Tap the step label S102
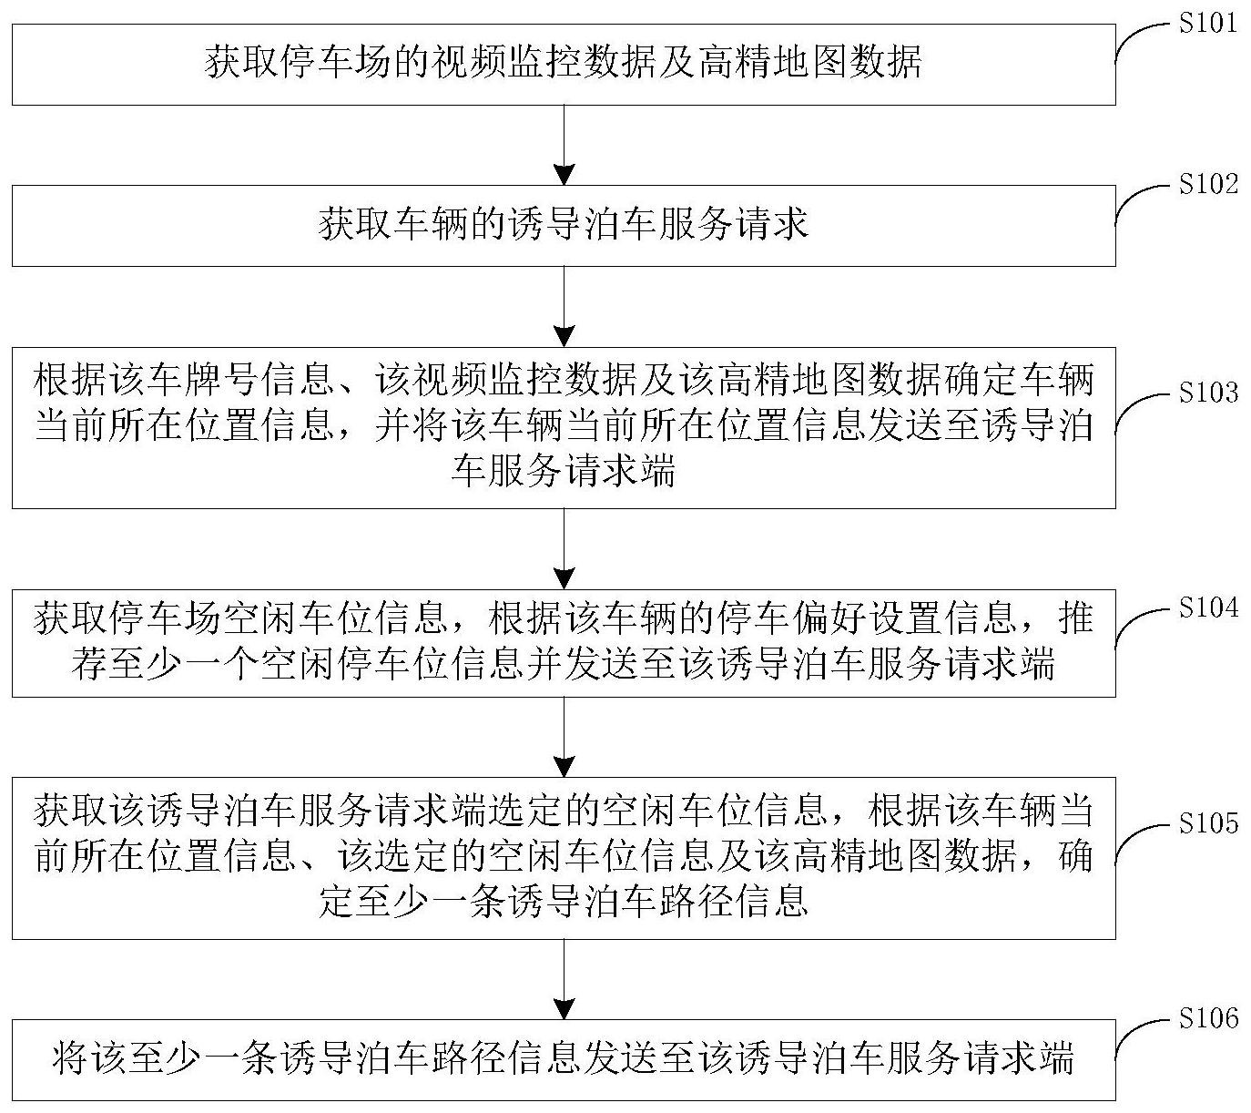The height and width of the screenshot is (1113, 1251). (x=1208, y=185)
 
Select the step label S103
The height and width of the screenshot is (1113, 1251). (x=1208, y=393)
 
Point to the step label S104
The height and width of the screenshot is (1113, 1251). (x=1208, y=608)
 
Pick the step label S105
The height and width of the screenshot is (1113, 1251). (x=1208, y=824)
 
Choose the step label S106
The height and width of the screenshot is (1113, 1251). (x=1208, y=1018)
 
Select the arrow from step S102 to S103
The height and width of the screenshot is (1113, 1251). (x=564, y=306)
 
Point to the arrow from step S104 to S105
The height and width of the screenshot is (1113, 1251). (x=564, y=737)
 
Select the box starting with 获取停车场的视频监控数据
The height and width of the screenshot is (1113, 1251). (x=564, y=64)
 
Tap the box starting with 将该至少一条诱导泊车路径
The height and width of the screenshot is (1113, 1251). (x=564, y=1060)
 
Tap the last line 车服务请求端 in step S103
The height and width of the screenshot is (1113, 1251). (x=564, y=473)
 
